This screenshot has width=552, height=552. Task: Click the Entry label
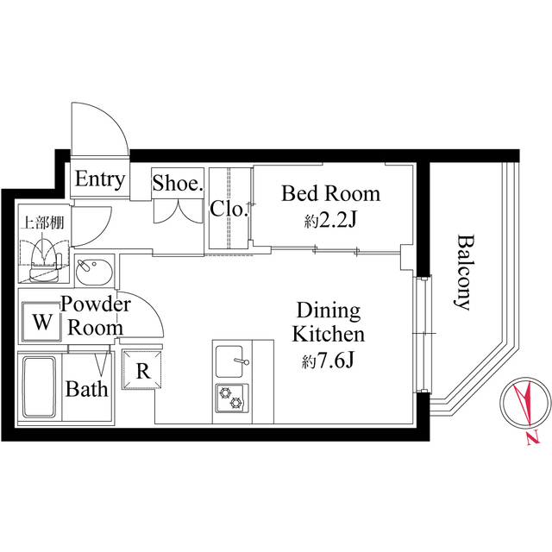100,180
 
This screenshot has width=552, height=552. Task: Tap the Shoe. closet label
177,183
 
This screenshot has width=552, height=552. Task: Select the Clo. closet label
229,208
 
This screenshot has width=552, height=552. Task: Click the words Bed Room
330,193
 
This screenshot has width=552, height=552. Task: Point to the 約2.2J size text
330,221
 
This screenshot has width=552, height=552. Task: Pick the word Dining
329,310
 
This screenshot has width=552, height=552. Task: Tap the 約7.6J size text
329,361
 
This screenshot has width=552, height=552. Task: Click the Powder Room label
95,316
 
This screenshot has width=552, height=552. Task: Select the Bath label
87,389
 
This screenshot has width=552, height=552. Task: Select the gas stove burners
231,396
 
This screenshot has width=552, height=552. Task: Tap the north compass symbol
524,404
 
